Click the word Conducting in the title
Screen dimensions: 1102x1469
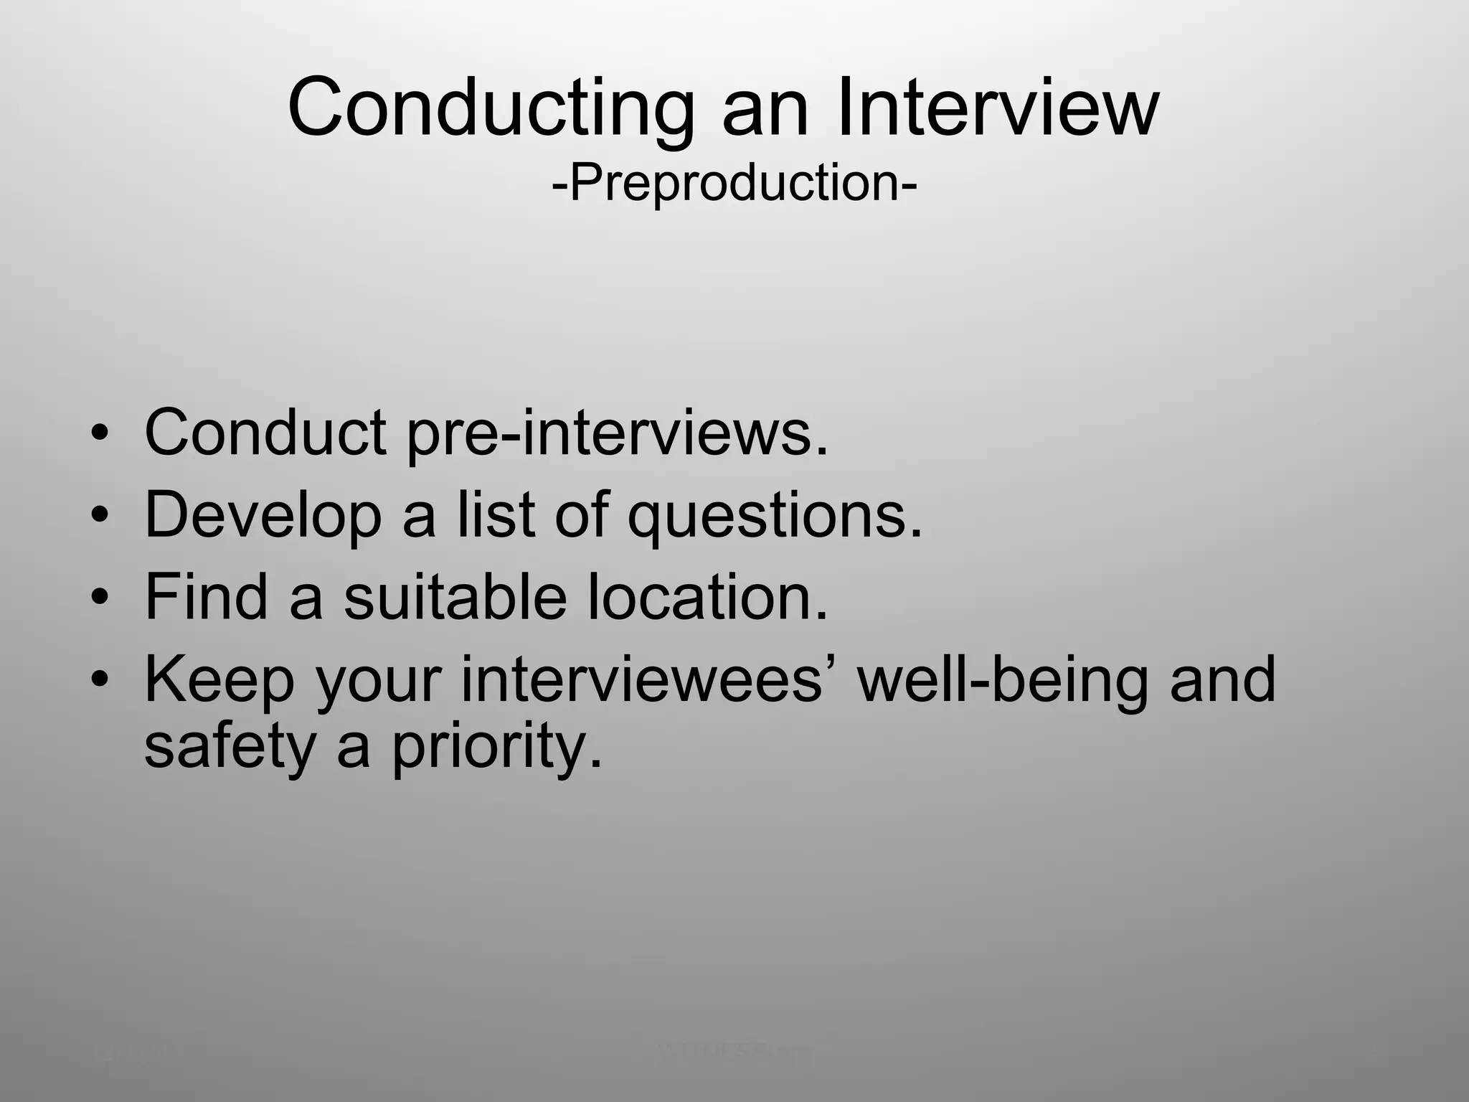491,110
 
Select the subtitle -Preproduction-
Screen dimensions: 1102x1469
734,183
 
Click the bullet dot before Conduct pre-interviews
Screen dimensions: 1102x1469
101,434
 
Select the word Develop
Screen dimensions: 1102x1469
263,517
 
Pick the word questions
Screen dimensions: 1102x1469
775,517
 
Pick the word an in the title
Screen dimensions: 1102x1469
765,110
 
